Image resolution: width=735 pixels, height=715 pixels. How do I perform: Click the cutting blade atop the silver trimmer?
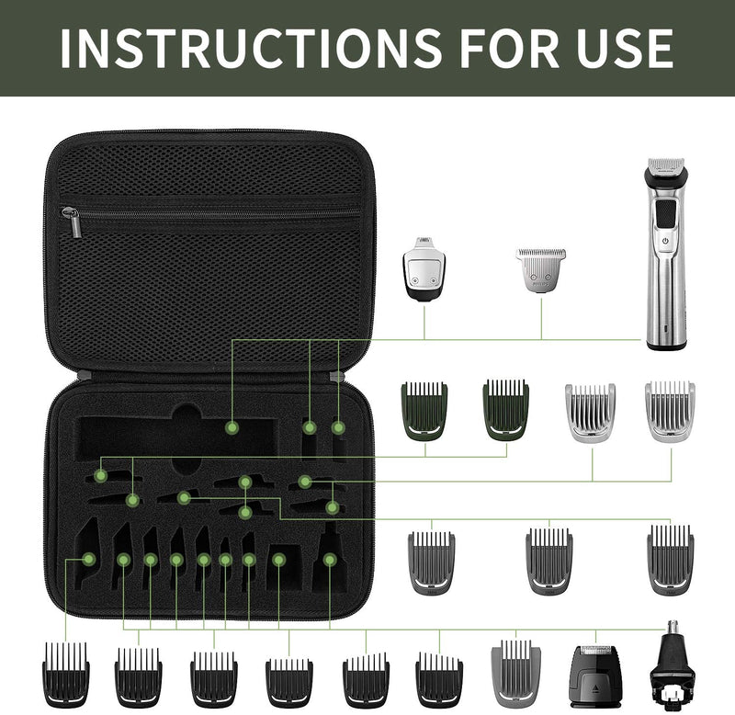click(668, 168)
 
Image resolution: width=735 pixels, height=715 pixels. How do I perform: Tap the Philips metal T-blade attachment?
click(540, 268)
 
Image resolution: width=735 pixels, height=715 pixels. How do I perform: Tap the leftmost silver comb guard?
click(591, 412)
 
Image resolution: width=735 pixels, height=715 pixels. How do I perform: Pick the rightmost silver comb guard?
click(670, 412)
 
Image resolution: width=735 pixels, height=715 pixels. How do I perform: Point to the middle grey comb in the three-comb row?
click(549, 560)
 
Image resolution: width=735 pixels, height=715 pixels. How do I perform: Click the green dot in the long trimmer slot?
click(232, 427)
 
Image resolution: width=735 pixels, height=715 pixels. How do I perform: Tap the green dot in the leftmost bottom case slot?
click(89, 558)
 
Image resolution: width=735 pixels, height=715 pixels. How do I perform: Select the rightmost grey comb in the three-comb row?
click(671, 560)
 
